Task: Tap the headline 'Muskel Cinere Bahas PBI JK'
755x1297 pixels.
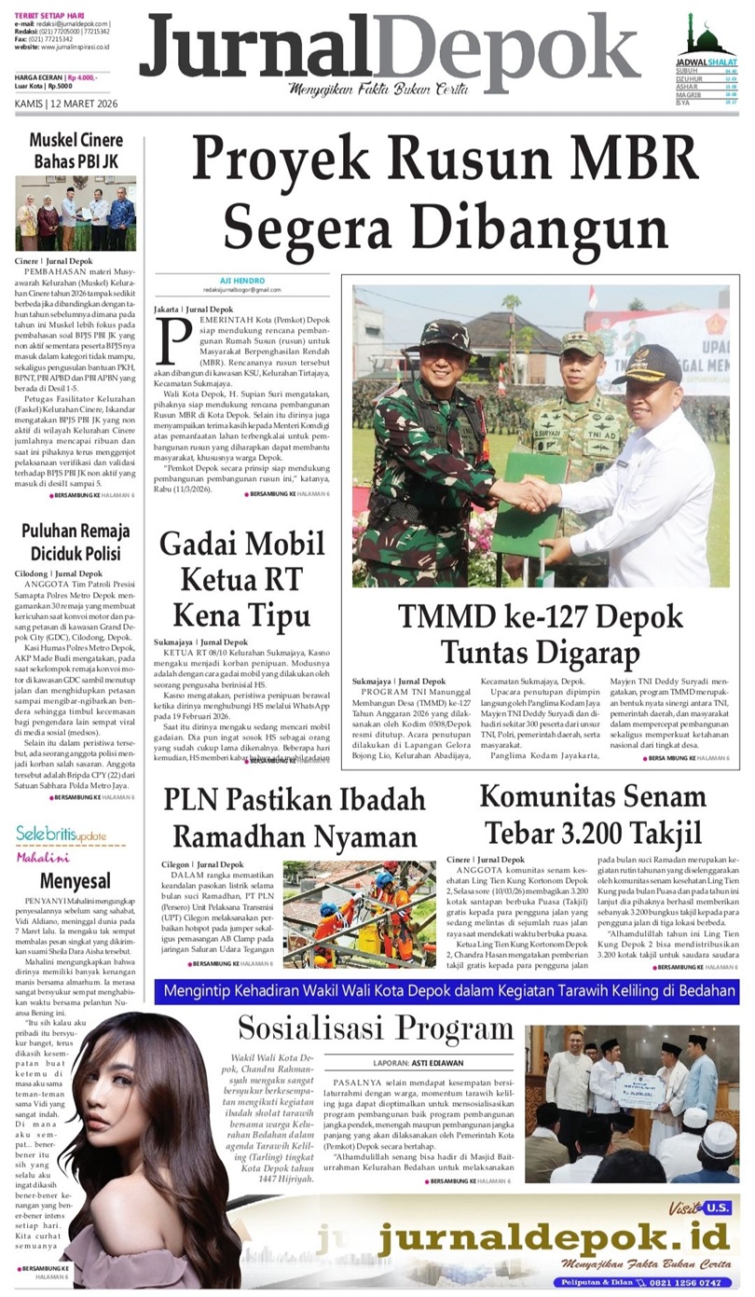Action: [x=75, y=151]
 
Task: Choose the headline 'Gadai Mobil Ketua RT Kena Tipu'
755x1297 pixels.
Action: [x=240, y=579]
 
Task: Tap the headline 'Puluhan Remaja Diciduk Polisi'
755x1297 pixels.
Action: [x=75, y=543]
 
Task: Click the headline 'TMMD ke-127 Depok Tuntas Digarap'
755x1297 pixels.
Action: [x=540, y=633]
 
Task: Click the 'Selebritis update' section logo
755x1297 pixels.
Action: [x=61, y=833]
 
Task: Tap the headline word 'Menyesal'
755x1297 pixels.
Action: [x=75, y=880]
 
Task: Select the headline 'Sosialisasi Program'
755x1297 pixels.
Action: [x=375, y=1028]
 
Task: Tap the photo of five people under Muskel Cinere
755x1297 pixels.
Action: [x=75, y=214]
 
